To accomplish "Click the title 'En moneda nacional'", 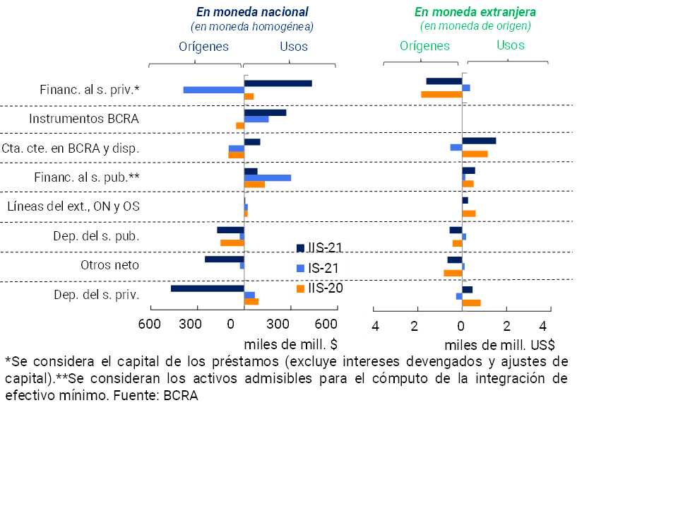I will tap(252, 12).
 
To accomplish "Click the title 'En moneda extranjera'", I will tap(475, 12).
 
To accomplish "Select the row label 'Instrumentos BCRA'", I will tap(84, 119).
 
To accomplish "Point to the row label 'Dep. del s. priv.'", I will tap(97, 294).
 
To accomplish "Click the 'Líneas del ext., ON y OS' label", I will tap(73, 206).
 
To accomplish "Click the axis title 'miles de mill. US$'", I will tap(499, 346).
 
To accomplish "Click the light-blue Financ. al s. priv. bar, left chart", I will tap(213, 90).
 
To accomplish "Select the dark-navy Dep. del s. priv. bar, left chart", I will tap(207, 288).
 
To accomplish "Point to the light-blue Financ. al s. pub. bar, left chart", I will tap(267, 177).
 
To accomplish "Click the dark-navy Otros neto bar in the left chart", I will tap(224, 259).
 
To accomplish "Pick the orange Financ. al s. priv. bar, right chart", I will tap(441, 95).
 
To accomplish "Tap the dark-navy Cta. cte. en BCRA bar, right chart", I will tap(479, 141).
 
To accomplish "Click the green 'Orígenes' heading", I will tap(424, 46).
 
